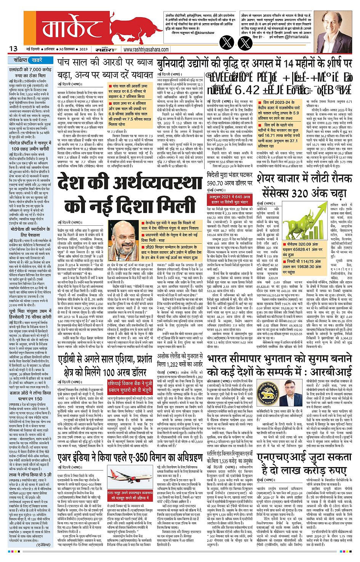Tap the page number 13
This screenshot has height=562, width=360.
pyautogui.click(x=13, y=49)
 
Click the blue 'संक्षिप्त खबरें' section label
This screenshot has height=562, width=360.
pyautogui.click(x=31, y=60)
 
